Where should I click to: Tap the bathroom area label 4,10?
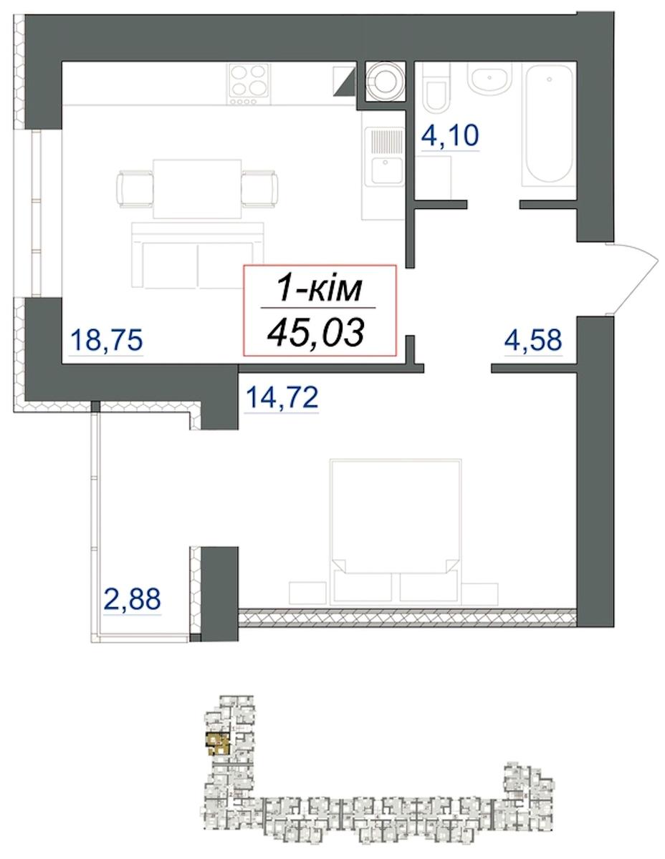coord(450,135)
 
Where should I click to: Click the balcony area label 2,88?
coord(132,598)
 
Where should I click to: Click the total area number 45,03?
coord(315,332)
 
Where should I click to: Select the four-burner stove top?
coord(249,85)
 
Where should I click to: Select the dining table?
coord(197,188)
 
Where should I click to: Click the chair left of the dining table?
coord(135,188)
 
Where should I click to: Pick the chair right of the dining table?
coord(259,188)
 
